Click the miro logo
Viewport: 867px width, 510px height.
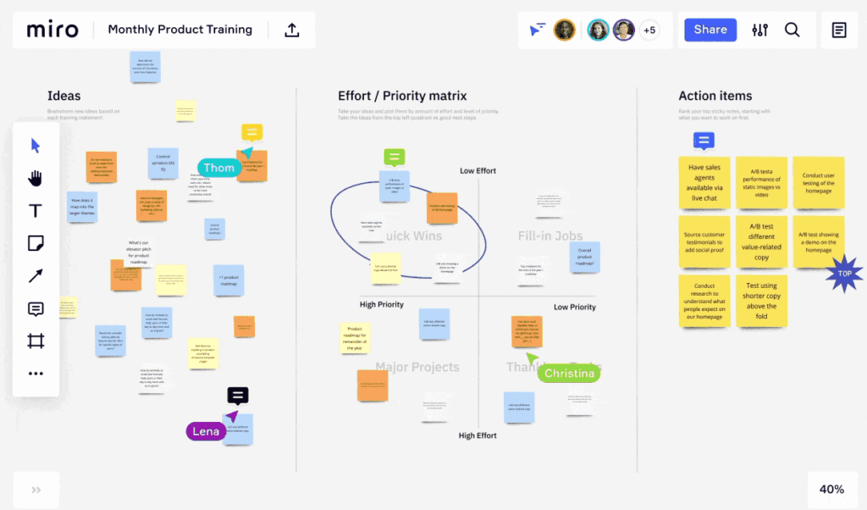pyautogui.click(x=52, y=30)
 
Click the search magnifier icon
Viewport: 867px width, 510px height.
pyautogui.click(x=792, y=30)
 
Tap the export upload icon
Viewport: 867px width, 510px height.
pyautogui.click(x=292, y=30)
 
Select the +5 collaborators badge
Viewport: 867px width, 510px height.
pyautogui.click(x=649, y=30)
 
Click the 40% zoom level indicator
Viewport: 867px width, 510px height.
pyautogui.click(x=831, y=489)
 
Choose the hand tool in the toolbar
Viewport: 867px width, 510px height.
pyautogui.click(x=36, y=178)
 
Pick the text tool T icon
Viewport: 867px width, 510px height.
pyautogui.click(x=36, y=211)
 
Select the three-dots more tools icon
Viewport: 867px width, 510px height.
pyautogui.click(x=36, y=374)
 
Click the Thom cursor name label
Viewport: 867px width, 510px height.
pyautogui.click(x=218, y=168)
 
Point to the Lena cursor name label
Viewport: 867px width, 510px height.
pyautogui.click(x=206, y=431)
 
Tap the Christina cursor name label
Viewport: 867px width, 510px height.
pyautogui.click(x=570, y=374)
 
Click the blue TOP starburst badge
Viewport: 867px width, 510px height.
pyautogui.click(x=844, y=274)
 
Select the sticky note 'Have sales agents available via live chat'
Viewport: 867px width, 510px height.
pyautogui.click(x=704, y=182)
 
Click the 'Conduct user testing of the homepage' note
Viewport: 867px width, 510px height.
pyautogui.click(x=818, y=182)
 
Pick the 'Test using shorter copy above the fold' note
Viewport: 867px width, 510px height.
pyautogui.click(x=761, y=301)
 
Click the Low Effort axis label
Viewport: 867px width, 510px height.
pyautogui.click(x=478, y=171)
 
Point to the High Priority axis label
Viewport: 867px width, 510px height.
pyautogui.click(x=382, y=304)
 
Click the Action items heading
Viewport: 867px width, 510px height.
pyautogui.click(x=715, y=96)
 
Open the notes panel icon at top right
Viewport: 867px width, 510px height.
pyautogui.click(x=839, y=30)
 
